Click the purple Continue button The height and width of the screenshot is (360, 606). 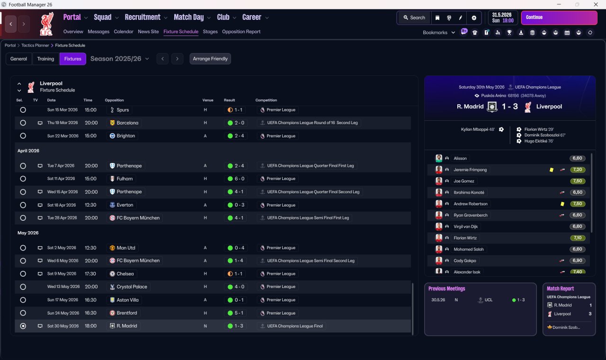(x=559, y=18)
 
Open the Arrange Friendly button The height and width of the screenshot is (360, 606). (x=210, y=59)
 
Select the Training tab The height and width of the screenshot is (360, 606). (x=45, y=59)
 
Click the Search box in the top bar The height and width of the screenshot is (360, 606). (x=414, y=18)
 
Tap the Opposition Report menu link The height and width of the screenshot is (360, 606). (x=241, y=32)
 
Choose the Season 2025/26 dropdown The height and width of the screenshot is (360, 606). (x=120, y=59)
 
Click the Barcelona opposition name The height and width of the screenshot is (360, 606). (x=127, y=123)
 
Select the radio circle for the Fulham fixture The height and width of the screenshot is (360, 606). (x=23, y=179)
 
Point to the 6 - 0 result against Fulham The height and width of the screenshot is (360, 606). (x=236, y=179)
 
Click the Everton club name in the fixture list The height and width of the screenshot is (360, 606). (x=125, y=205)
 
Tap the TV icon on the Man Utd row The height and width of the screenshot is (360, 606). (x=40, y=248)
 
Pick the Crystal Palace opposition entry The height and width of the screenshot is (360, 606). (x=132, y=287)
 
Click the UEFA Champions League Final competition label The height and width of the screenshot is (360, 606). (x=295, y=326)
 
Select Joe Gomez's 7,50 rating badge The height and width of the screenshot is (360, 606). (x=577, y=181)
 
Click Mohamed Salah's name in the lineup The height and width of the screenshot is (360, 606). (x=469, y=249)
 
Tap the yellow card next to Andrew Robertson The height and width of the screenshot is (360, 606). (x=562, y=204)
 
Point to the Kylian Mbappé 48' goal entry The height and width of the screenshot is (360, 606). (x=478, y=129)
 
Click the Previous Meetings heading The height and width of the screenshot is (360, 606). (x=446, y=288)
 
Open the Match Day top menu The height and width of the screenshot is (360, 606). (x=189, y=18)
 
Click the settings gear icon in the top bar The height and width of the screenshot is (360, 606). (x=474, y=18)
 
